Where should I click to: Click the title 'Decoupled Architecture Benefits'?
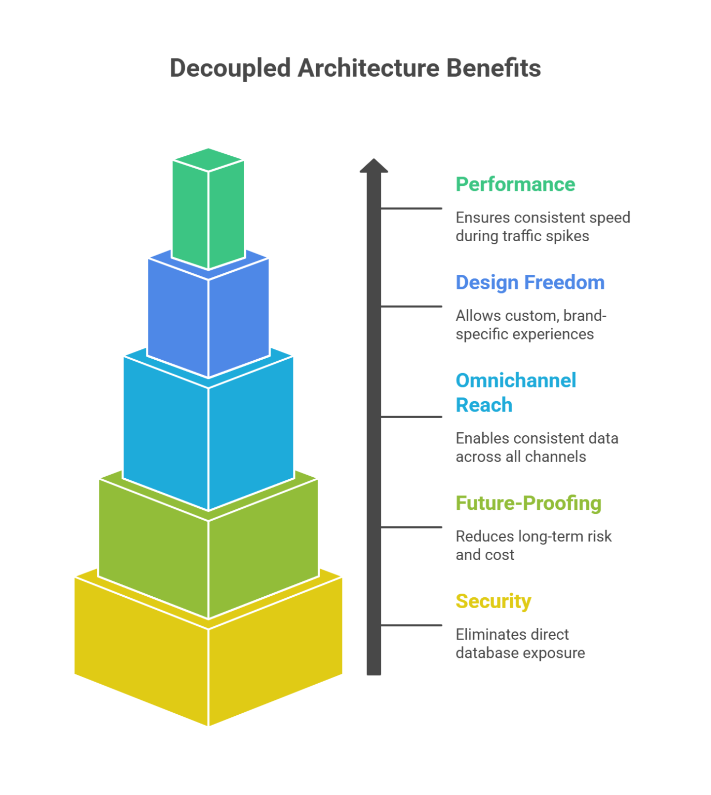coord(355,68)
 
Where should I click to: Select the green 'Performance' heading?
coord(515,184)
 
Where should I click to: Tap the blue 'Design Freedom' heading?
coord(529,283)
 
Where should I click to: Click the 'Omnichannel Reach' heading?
coord(515,392)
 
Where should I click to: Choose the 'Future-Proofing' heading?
coord(528,503)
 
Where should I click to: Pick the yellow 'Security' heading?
coord(493,601)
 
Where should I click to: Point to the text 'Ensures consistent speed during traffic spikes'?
coord(542,227)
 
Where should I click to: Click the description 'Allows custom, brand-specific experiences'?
coord(530,325)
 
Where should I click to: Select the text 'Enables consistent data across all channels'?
coord(537,448)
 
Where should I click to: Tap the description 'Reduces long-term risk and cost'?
coord(533,546)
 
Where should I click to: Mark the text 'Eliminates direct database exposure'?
coord(520,644)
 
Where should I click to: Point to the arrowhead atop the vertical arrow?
coord(374,166)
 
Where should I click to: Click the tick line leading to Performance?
coord(411,209)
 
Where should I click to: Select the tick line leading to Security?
coord(411,626)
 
